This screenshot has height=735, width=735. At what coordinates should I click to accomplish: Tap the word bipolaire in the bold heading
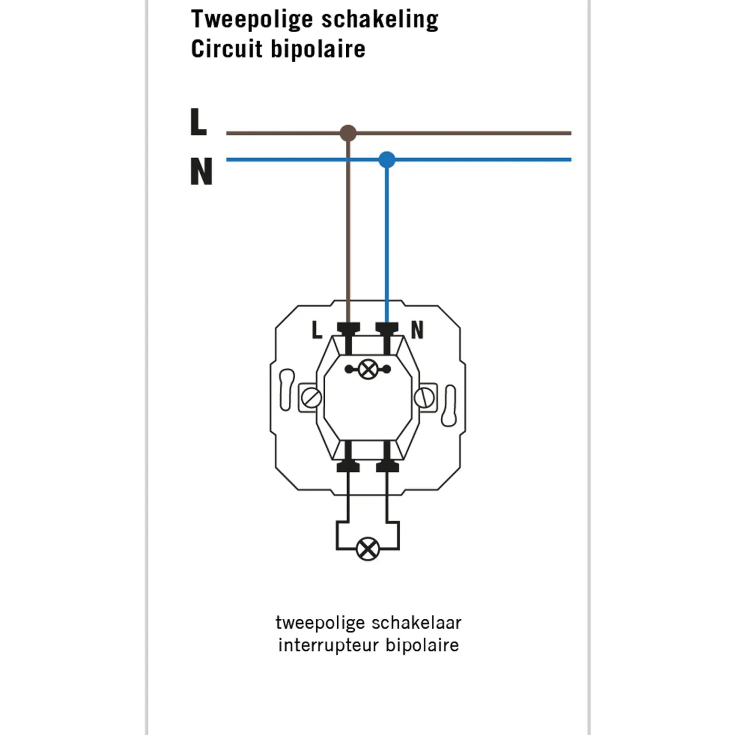coord(318,49)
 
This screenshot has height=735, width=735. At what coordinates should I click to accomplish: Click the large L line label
coord(198,122)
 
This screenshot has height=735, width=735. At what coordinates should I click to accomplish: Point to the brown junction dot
coord(348,133)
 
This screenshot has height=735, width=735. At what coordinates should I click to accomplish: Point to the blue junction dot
coord(387,160)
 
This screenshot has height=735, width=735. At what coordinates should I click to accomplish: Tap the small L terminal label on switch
coord(317,330)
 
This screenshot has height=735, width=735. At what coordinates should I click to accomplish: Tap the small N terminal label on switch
coord(417,330)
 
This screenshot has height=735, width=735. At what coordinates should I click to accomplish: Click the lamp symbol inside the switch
coord(368,369)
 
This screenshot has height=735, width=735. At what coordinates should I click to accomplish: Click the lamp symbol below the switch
coord(367,549)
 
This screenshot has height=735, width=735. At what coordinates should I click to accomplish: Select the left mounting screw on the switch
coord(311,398)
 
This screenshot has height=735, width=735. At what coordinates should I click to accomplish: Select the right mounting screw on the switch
coord(424,398)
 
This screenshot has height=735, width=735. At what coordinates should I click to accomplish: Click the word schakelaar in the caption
coord(416,623)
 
